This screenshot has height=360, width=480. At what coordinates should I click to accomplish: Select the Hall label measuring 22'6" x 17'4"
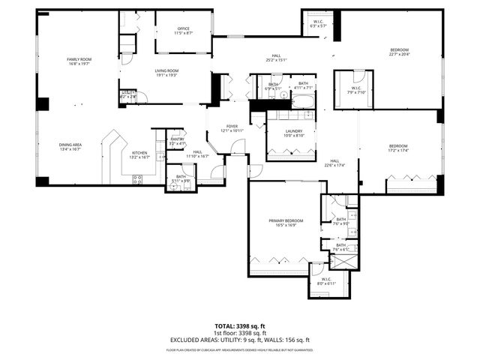[x=334, y=163]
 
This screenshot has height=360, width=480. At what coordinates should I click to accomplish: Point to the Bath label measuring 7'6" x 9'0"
[x=341, y=221]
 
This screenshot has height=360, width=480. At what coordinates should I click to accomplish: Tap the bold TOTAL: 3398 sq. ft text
[x=239, y=326]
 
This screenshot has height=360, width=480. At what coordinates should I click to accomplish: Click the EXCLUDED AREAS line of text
[x=239, y=340]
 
